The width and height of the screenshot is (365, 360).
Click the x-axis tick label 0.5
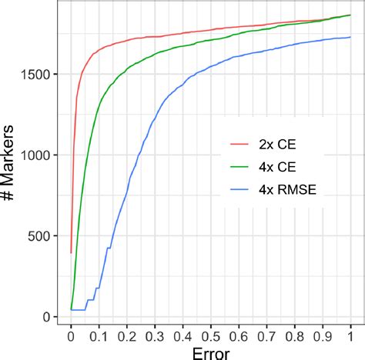pos(211,337)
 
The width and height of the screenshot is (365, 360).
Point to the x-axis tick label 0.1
pos(99,337)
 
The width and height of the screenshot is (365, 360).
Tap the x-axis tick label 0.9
pos(323,337)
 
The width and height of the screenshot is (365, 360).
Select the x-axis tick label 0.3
pos(155,337)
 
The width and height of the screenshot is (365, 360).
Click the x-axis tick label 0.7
pos(266,337)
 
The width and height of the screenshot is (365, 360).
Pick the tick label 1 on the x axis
pos(350,337)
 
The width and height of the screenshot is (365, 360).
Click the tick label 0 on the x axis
pos(71,337)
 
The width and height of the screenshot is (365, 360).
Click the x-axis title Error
pos(210,352)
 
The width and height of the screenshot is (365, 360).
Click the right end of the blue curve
pos(350,37)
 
